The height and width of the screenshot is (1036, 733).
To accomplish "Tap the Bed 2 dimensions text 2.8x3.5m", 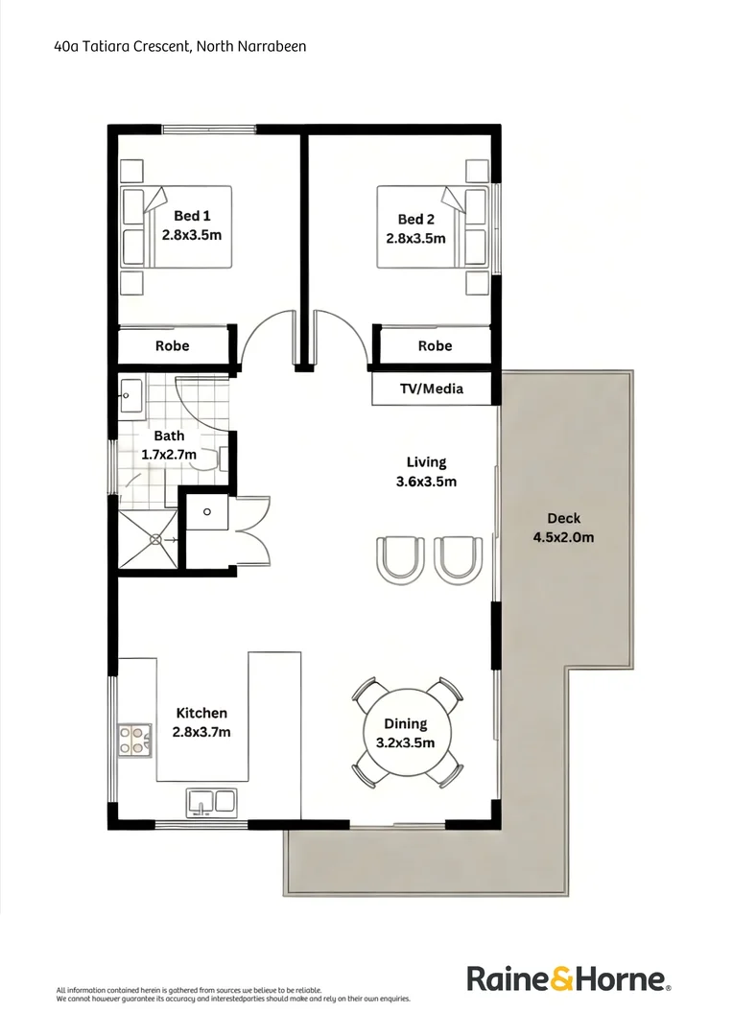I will click(x=415, y=238).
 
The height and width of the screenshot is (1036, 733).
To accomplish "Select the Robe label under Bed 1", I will click(x=173, y=345).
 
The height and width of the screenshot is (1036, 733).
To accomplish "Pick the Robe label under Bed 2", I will click(x=435, y=345).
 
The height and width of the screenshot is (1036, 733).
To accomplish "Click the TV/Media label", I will click(x=432, y=388).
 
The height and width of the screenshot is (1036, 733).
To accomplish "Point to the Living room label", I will click(x=426, y=461).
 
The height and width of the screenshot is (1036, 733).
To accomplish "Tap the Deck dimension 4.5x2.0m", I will click(x=563, y=537).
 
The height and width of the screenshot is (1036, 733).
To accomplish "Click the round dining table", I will click(x=406, y=733).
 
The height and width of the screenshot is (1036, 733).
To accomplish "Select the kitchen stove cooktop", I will click(x=134, y=739).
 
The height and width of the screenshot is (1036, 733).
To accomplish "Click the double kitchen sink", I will click(x=212, y=800).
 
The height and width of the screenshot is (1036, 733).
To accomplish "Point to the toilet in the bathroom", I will click(x=213, y=459).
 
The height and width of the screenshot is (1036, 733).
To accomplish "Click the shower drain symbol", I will click(x=154, y=540).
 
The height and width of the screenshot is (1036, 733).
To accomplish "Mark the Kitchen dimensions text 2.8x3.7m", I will click(x=201, y=732).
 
